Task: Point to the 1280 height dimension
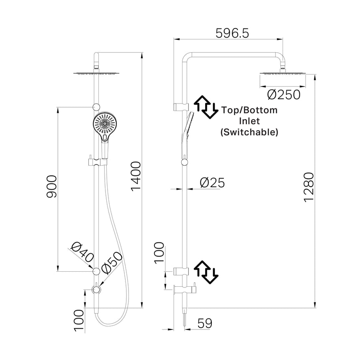point(309,187)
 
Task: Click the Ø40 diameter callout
point(82,253)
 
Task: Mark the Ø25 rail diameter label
point(212,183)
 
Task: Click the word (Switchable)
point(249,132)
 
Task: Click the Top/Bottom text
point(249,111)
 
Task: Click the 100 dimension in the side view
point(159,252)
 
